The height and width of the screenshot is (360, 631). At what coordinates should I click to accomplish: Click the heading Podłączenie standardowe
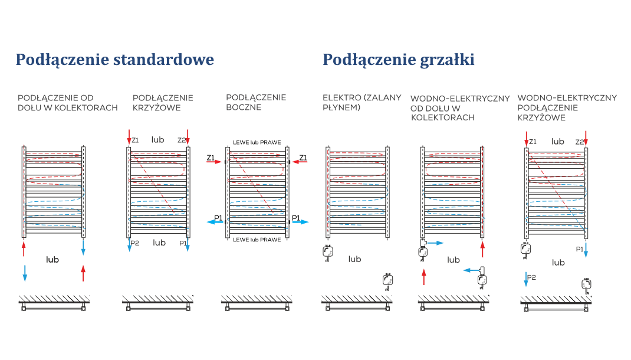pyautogui.click(x=114, y=60)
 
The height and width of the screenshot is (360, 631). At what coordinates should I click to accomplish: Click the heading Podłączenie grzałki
pyautogui.click(x=398, y=60)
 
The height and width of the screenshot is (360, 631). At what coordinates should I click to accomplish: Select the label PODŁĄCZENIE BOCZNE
pyautogui.click(x=256, y=102)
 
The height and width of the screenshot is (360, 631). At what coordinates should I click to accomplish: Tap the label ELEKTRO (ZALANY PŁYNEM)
pyautogui.click(x=361, y=102)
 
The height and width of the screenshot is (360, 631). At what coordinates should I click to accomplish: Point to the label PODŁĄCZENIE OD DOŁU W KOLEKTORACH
pyautogui.click(x=68, y=103)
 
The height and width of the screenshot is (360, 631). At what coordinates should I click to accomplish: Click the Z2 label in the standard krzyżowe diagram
pyautogui.click(x=182, y=140)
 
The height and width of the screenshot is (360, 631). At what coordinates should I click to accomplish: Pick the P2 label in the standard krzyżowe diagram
pyautogui.click(x=135, y=243)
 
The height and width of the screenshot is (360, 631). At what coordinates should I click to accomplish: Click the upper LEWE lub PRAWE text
pyautogui.click(x=257, y=142)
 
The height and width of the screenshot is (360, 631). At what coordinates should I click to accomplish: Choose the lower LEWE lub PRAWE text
pyautogui.click(x=257, y=240)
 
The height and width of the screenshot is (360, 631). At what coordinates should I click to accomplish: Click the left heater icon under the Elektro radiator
pyautogui.click(x=327, y=253)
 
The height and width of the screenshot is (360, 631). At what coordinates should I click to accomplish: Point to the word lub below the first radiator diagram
pyautogui.click(x=53, y=260)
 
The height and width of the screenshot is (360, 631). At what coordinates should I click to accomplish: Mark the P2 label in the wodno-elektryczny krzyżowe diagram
pyautogui.click(x=531, y=277)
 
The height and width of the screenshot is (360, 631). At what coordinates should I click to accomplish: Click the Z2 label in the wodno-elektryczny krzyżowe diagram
pyautogui.click(x=579, y=142)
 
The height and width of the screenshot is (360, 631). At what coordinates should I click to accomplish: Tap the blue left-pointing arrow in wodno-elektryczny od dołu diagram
pyautogui.click(x=470, y=270)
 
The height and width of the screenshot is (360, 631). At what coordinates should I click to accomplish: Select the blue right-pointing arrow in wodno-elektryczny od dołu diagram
pyautogui.click(x=435, y=243)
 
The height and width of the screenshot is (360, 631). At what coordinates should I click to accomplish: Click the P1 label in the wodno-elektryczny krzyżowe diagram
pyautogui.click(x=580, y=249)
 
